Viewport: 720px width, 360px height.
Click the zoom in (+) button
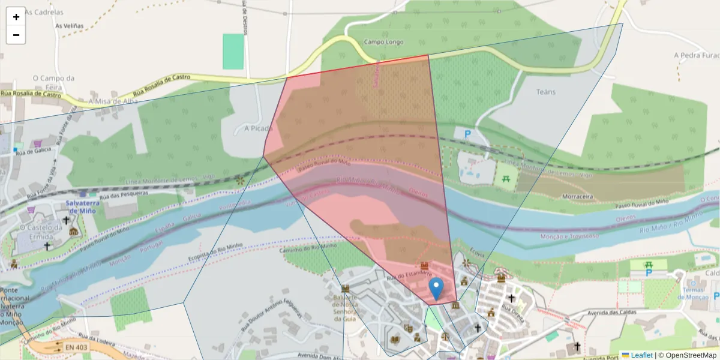pos(16,17)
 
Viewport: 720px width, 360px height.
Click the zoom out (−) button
pos(16,35)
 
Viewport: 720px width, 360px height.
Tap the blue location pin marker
pos(437,289)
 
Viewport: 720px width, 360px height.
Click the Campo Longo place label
pos(383,42)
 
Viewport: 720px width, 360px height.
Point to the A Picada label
pos(258,128)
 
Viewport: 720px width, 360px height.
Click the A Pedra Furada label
pos(696,55)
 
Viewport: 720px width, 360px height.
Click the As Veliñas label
pos(70,26)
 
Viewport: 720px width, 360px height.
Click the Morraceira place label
pos(578,196)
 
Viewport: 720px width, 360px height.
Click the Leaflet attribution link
pos(641,355)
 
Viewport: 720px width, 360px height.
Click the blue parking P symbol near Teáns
pos(467,135)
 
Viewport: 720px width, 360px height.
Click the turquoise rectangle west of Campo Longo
pos(233,51)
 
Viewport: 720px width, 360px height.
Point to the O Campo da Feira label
pos(53,82)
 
